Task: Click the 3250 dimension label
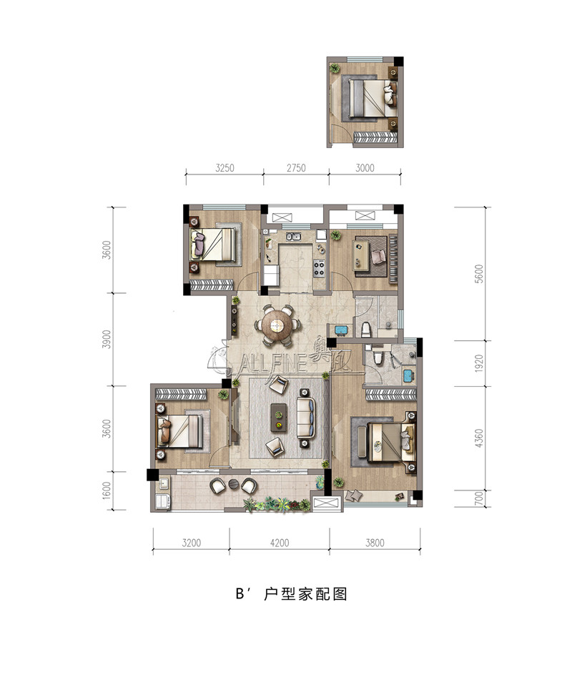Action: pyautogui.click(x=225, y=168)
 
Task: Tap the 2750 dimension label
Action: pyautogui.click(x=296, y=168)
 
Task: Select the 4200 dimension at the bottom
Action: pyautogui.click(x=280, y=543)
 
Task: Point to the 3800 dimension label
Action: pyautogui.click(x=375, y=543)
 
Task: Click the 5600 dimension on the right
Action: pyautogui.click(x=479, y=274)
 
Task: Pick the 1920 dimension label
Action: pyautogui.click(x=479, y=363)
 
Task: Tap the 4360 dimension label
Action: pyautogui.click(x=479, y=438)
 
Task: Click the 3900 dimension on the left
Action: pyautogui.click(x=107, y=339)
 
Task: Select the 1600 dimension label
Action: pyautogui.click(x=107, y=491)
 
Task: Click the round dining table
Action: pyautogui.click(x=277, y=325)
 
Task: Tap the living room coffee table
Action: pyautogui.click(x=277, y=417)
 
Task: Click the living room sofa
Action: pyautogui.click(x=305, y=417)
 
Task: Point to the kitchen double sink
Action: pyautogui.click(x=293, y=237)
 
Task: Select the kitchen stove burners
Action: pyautogui.click(x=319, y=268)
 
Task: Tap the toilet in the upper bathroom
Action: pyautogui.click(x=365, y=329)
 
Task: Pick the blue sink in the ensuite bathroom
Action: pyautogui.click(x=408, y=376)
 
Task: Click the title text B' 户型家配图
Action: pyautogui.click(x=291, y=593)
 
